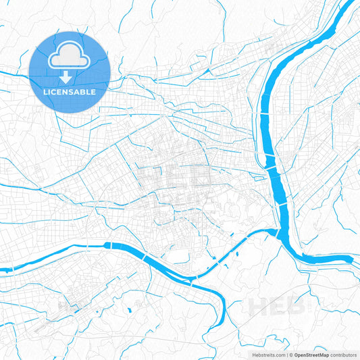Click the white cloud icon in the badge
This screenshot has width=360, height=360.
pos(69,56)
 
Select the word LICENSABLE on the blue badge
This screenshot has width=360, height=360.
pos(69,91)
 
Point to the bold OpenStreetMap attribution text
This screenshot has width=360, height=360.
pos(311,354)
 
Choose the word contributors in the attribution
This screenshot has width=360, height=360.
pos(344,354)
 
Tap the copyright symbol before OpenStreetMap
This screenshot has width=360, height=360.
pos(291,354)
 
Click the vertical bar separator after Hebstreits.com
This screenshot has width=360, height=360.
pos(286,354)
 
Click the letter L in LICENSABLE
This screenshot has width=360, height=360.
pos(45,91)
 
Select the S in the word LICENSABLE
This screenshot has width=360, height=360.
pos(70,91)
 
